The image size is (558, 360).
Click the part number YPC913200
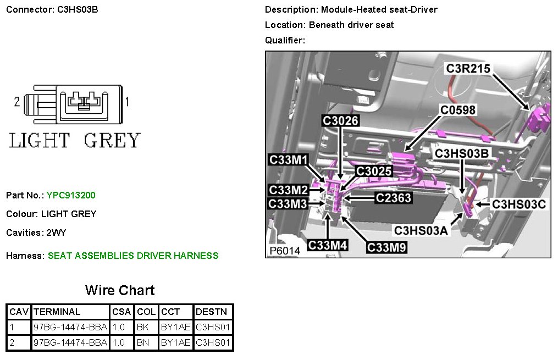[71, 195]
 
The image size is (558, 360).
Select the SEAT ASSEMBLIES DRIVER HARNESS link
[133, 256]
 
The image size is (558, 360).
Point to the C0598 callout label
[457, 110]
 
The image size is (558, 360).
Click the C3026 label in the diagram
[340, 120]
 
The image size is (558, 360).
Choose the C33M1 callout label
[289, 160]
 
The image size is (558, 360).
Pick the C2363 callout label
[393, 197]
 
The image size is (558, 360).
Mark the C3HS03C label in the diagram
[518, 204]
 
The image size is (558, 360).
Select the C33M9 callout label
[386, 247]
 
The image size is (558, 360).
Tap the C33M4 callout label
[328, 245]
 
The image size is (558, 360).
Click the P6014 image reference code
[285, 250]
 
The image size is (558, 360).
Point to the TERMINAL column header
[57, 312]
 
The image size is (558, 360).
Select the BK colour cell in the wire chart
[142, 327]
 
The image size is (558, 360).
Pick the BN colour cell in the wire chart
[142, 343]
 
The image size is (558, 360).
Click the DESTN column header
[211, 312]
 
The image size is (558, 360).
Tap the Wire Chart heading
[120, 290]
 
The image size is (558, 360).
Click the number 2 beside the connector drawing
[17, 102]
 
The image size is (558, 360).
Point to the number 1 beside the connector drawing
[128, 102]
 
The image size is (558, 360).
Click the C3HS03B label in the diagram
[461, 153]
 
